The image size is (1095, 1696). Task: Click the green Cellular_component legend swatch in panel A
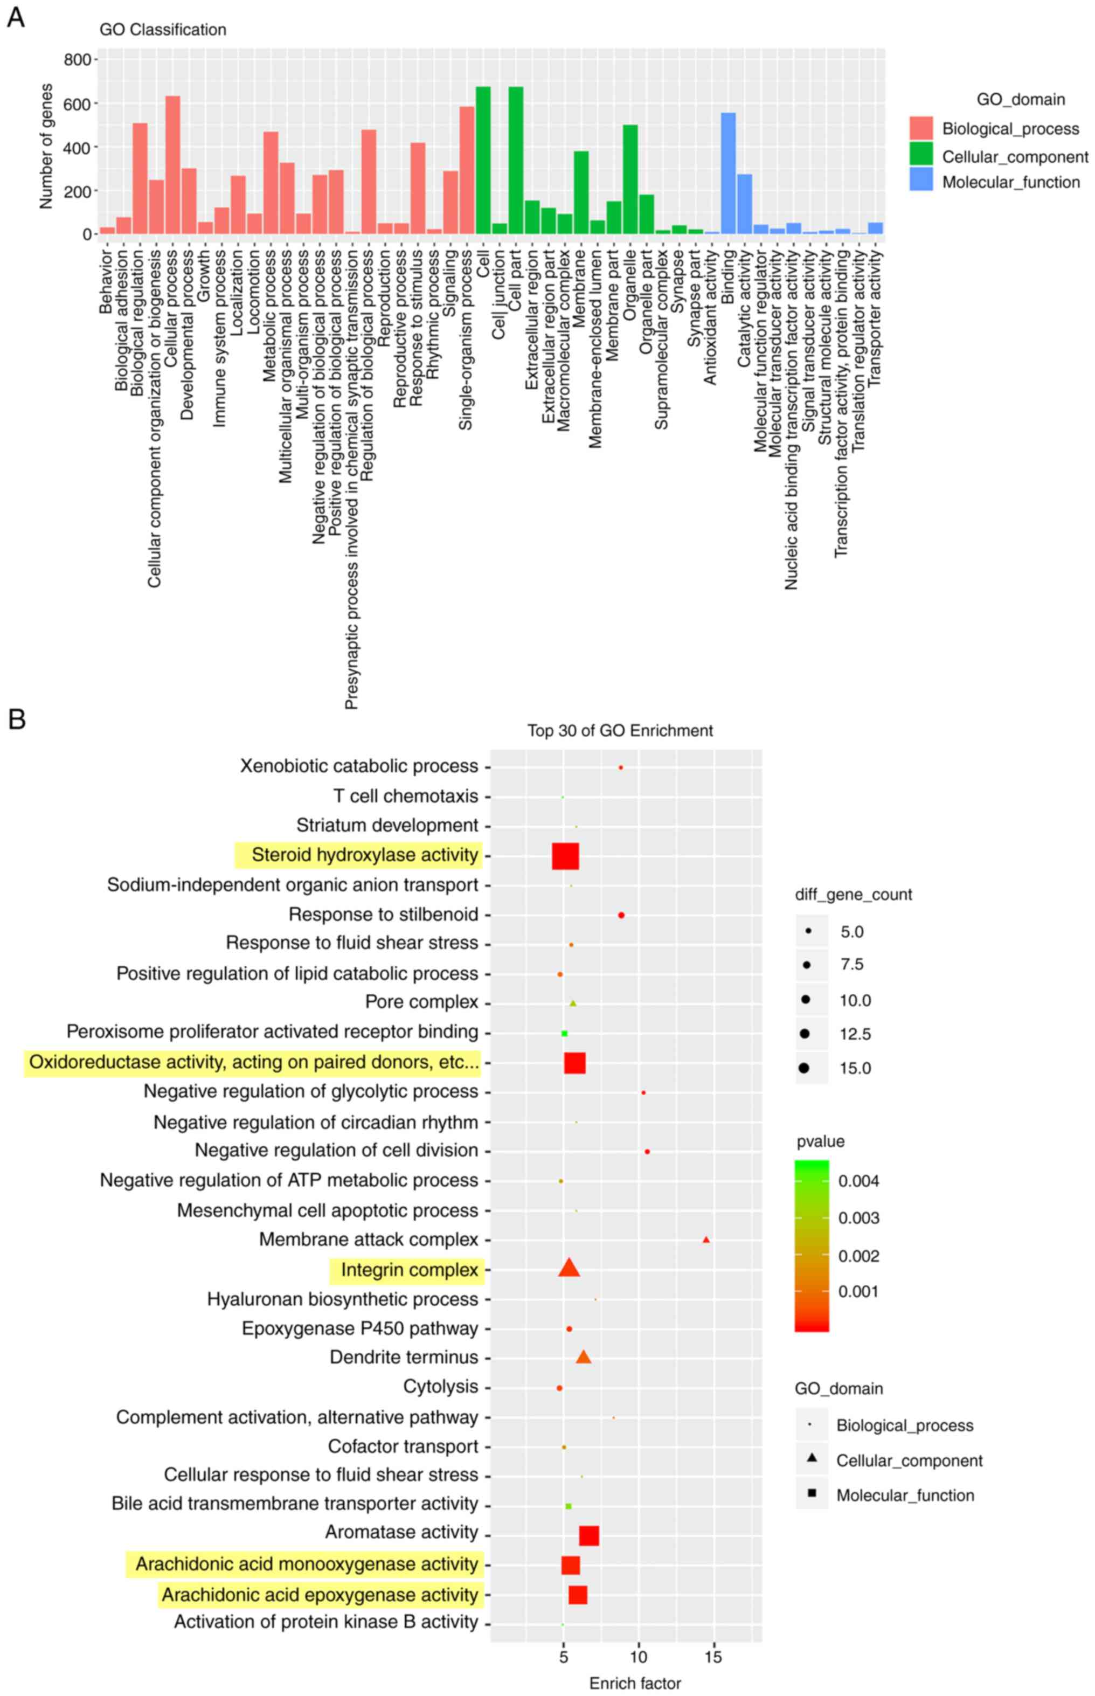tap(921, 155)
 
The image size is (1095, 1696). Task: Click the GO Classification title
tap(163, 30)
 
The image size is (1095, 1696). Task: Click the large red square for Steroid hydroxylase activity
tap(565, 855)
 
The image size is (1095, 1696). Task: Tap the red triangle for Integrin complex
tap(569, 1269)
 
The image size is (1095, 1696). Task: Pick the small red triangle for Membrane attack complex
tap(706, 1240)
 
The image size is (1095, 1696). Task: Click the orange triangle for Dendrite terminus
tap(583, 1358)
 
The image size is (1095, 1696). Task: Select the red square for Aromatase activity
tap(589, 1535)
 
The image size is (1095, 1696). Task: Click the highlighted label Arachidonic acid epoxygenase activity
tap(320, 1595)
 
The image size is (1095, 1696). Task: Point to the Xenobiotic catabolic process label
tap(359, 766)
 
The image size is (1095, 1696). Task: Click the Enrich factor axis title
tap(635, 1683)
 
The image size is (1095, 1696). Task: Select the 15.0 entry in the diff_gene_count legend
tap(855, 1068)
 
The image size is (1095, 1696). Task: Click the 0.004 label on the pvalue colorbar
tap(858, 1181)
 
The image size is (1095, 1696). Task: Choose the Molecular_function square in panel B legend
tap(812, 1493)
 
